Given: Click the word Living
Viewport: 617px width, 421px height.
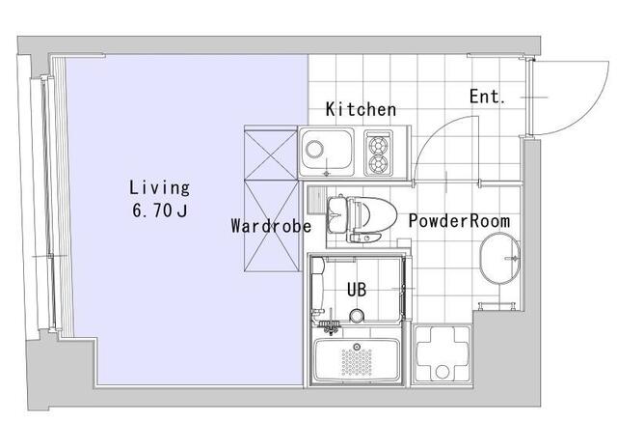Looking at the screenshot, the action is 160,188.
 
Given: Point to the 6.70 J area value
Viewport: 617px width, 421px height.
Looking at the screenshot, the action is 159,210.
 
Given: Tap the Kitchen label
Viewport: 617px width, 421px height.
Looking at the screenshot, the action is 361,109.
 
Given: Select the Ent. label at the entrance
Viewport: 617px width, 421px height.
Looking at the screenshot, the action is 487,97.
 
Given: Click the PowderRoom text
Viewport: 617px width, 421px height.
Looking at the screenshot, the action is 459,221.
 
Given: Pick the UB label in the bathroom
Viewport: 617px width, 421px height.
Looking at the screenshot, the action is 357,290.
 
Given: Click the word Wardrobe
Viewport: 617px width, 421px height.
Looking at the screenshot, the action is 271,226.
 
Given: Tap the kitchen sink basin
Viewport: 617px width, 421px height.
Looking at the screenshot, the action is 326,152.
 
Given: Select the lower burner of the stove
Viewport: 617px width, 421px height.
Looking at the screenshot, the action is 378,163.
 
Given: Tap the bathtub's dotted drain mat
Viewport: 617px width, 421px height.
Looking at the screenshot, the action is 357,361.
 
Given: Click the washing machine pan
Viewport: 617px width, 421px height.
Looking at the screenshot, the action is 443,353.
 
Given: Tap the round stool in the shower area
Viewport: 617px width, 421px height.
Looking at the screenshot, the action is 357,316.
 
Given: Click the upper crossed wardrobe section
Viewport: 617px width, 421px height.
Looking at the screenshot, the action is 271,154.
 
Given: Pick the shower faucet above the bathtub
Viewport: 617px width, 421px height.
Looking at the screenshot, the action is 329,325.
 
